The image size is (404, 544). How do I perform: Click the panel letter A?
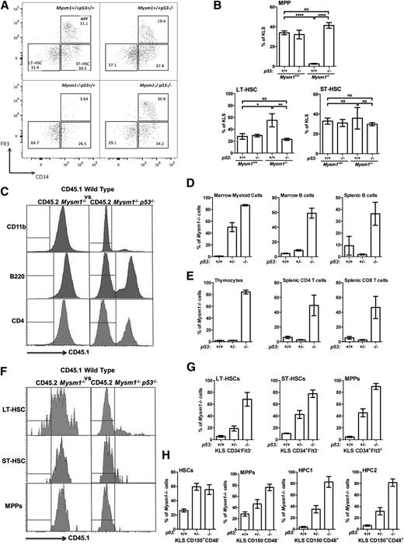5,6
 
